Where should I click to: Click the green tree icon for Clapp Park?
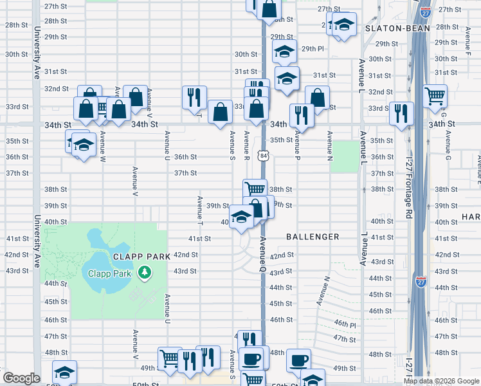pyautogui.click(x=145, y=273)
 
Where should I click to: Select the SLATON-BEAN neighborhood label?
pyautogui.click(x=392, y=29)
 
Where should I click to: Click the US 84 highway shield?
pyautogui.click(x=264, y=156)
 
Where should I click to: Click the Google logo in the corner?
pyautogui.click(x=21, y=378)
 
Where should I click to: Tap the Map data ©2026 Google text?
pyautogui.click(x=441, y=381)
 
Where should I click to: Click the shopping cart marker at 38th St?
pyautogui.click(x=255, y=189)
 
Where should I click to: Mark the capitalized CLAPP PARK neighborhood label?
pyautogui.click(x=142, y=256)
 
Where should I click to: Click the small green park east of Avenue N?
pyautogui.click(x=347, y=156)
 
